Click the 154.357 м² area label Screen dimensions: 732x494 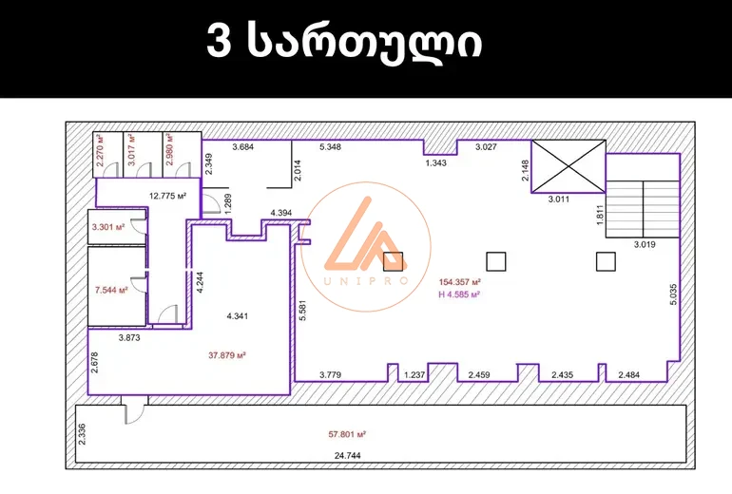459,282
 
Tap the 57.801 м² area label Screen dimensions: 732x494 347,434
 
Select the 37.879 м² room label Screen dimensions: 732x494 227,355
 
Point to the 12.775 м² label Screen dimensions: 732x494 167,196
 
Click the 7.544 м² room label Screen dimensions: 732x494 111,290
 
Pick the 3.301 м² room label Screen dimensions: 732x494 108,227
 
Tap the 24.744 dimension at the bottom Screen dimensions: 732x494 347,456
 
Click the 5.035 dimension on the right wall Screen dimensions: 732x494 673,294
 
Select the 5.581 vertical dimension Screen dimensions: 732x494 302,311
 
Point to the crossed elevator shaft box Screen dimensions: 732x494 568,166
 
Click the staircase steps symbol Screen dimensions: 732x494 643,209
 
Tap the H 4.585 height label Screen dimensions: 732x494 459,294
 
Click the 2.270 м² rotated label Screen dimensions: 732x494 101,150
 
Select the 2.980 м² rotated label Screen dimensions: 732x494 169,150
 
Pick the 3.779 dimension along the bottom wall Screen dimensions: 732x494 330,374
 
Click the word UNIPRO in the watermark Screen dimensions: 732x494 366,280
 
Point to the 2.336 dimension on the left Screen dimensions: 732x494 82,434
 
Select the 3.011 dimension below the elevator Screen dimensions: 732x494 558,199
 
